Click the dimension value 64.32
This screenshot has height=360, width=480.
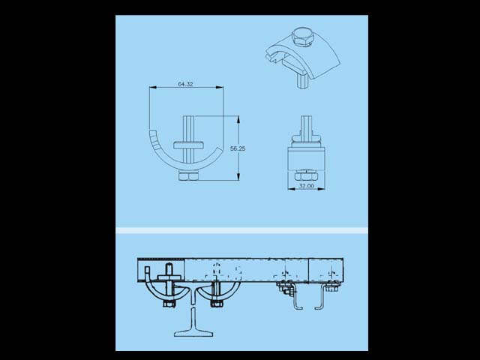click(x=185, y=84)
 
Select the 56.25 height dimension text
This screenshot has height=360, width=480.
click(x=238, y=148)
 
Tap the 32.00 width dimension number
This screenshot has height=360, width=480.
click(x=307, y=186)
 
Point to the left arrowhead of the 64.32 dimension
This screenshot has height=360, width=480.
click(x=153, y=87)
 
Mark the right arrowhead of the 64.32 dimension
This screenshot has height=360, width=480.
click(x=220, y=87)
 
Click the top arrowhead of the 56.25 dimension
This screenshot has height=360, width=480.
click(x=238, y=120)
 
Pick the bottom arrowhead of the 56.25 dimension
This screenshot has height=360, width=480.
click(x=238, y=177)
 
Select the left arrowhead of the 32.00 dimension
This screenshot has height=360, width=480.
click(x=292, y=189)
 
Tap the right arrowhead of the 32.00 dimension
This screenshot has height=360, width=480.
click(x=321, y=189)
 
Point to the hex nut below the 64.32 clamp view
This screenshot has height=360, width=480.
click(x=188, y=177)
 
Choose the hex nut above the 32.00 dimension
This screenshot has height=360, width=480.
click(x=306, y=177)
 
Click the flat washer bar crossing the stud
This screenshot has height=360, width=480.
click(x=188, y=145)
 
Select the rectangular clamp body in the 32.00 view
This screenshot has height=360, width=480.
click(x=306, y=157)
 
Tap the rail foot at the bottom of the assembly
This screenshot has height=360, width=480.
click(x=193, y=333)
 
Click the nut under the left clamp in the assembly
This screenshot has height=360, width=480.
click(x=169, y=304)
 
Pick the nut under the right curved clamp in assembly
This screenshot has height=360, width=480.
click(x=217, y=304)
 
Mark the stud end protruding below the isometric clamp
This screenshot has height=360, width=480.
click(x=301, y=81)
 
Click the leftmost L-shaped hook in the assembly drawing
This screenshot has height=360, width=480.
click(x=296, y=297)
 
